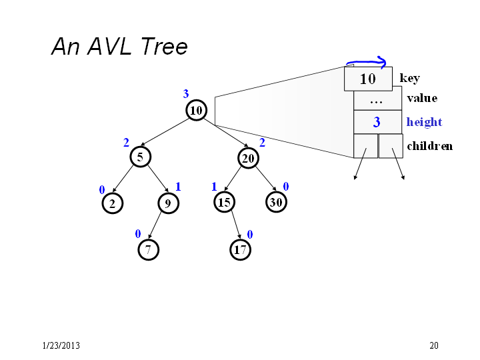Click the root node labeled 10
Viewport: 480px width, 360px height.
coord(196,110)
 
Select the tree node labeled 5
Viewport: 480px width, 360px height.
coord(140,157)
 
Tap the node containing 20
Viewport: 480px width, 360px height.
coord(248,158)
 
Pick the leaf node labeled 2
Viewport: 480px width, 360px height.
coord(113,203)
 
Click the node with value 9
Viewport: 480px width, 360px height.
coord(168,203)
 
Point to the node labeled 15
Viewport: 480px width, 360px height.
coord(224,202)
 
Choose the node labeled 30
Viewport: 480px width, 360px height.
coord(276,202)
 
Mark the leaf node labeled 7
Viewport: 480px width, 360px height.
coord(148,250)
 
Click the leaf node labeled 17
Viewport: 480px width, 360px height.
coord(240,250)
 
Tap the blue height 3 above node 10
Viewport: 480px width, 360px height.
coord(186,94)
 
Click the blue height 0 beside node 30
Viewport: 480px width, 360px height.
coord(285,187)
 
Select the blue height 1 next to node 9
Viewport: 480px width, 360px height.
coord(178,187)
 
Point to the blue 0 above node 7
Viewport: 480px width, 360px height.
coord(138,234)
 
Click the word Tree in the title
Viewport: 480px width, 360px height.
coord(164,46)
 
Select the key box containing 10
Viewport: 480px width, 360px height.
coord(368,79)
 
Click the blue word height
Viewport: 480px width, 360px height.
coord(424,122)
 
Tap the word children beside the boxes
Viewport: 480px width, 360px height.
coord(430,146)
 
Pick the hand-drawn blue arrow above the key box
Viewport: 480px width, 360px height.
coord(366,63)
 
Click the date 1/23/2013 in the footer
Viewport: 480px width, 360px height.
coord(61,345)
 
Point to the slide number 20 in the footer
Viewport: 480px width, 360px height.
coord(434,345)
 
